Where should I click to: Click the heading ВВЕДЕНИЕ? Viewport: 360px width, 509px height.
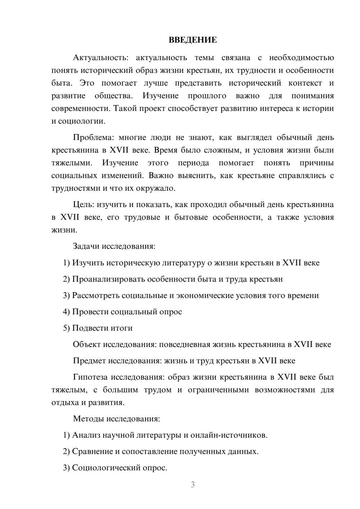click(x=193, y=40)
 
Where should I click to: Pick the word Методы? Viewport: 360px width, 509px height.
click(x=87, y=419)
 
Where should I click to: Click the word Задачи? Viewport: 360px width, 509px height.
click(x=86, y=246)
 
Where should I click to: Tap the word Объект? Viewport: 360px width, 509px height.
click(x=87, y=344)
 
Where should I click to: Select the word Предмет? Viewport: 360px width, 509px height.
click(x=89, y=361)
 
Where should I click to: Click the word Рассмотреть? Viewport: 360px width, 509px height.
click(x=96, y=296)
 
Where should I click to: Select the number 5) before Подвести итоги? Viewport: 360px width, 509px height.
click(x=66, y=328)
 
